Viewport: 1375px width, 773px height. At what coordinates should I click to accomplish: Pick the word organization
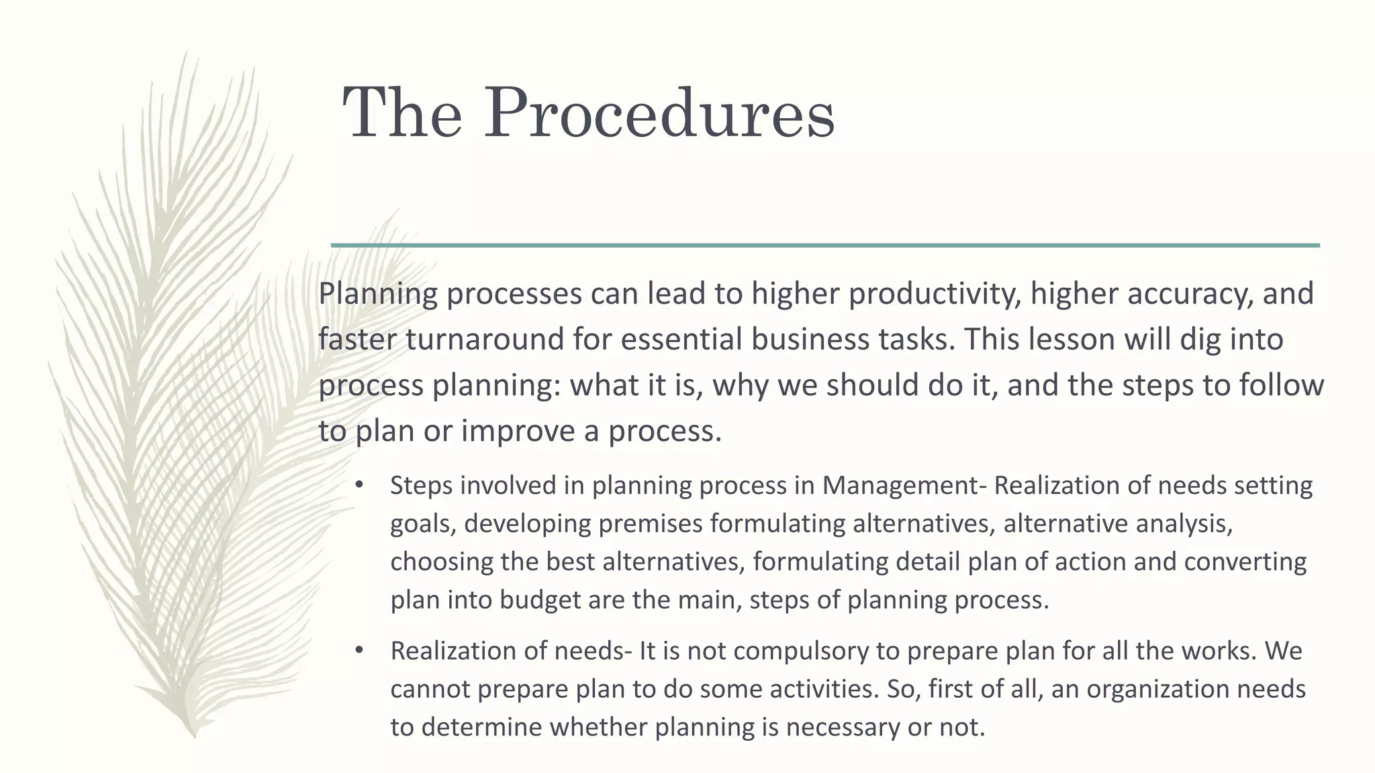pos(1152,689)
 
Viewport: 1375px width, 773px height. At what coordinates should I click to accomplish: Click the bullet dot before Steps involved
pos(359,485)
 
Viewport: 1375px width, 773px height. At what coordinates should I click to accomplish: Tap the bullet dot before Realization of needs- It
pos(359,651)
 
